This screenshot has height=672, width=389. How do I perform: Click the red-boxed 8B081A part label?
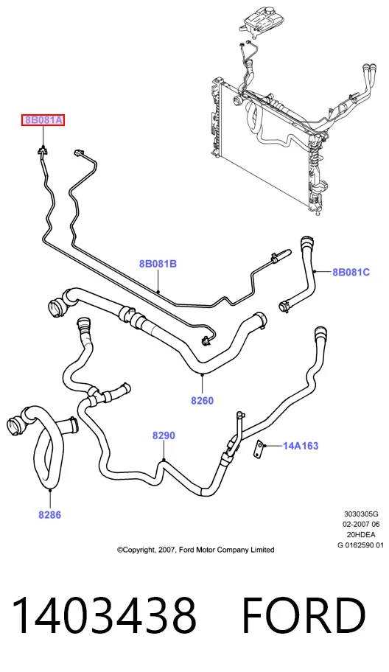point(43,120)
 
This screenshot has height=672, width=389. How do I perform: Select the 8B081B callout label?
point(158,264)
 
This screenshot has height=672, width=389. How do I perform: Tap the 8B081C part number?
point(351,272)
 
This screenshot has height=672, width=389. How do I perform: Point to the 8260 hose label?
point(202,401)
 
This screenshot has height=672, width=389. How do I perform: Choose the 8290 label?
point(164,435)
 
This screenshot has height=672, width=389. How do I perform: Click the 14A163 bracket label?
point(301,446)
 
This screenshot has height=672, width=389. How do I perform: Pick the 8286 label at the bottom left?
point(49,515)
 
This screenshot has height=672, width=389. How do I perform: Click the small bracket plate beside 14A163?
point(259,448)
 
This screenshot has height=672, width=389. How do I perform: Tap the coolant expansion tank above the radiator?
point(259,20)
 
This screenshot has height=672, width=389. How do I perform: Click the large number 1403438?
point(104,615)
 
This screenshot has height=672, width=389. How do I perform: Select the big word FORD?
point(304,615)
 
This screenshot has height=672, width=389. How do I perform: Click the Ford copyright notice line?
point(196,550)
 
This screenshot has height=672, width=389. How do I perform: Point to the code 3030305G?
point(361,514)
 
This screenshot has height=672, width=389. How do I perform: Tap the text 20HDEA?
point(361,534)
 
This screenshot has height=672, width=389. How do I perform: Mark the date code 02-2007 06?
point(361,524)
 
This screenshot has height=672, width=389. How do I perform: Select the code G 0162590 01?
point(361,545)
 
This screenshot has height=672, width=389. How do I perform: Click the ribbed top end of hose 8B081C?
point(307,243)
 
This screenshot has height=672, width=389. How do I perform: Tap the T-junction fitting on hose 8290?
point(94,396)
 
